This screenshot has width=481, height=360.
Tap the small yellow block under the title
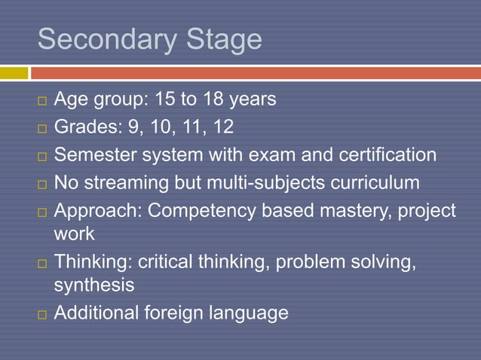tap(14, 73)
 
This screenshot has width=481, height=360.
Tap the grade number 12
tap(222, 127)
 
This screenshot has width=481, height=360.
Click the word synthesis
tap(94, 285)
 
